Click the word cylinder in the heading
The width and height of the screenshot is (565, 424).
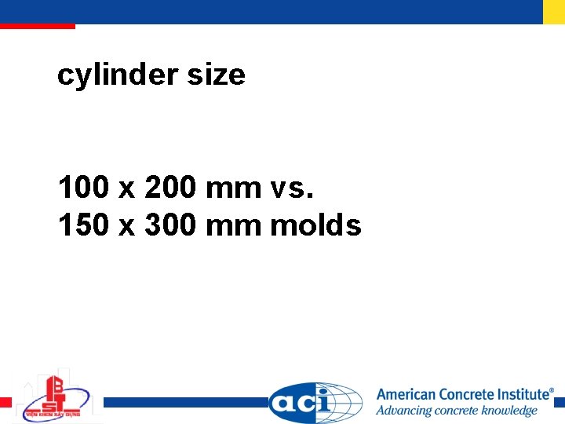pyautogui.click(x=117, y=75)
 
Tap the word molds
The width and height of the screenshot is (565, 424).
pyautogui.click(x=315, y=225)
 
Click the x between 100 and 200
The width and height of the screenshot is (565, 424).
pyautogui.click(x=126, y=189)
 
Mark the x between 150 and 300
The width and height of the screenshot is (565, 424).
pyautogui.click(x=126, y=227)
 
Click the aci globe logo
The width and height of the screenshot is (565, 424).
pyautogui.click(x=315, y=403)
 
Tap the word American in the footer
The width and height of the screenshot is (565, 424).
pyautogui.click(x=406, y=395)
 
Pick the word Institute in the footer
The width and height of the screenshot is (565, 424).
pyautogui.click(x=524, y=395)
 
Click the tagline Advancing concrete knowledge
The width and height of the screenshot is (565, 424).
pyautogui.click(x=456, y=411)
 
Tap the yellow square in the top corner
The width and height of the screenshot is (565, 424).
pyautogui.click(x=554, y=11)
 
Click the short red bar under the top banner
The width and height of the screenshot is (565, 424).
pyautogui.click(x=37, y=26)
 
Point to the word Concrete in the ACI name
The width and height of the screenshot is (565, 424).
pyautogui.click(x=467, y=395)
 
